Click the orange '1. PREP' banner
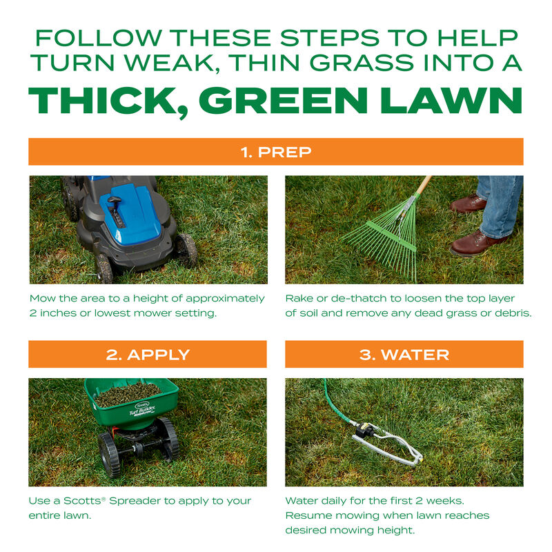click(275, 152)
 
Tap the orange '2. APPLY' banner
click(147, 355)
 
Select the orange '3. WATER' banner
click(404, 355)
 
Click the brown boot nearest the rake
click(469, 204)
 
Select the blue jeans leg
click(500, 204)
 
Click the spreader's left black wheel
click(109, 455)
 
